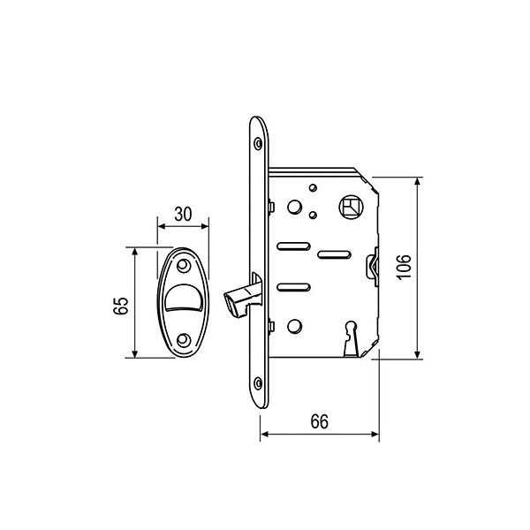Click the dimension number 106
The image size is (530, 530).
404,267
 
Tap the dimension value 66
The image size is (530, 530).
320,421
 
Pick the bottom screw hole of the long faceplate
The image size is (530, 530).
257,383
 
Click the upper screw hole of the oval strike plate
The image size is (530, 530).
184,265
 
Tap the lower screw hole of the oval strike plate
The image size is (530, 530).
184,339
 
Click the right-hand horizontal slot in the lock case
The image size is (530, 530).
331,255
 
